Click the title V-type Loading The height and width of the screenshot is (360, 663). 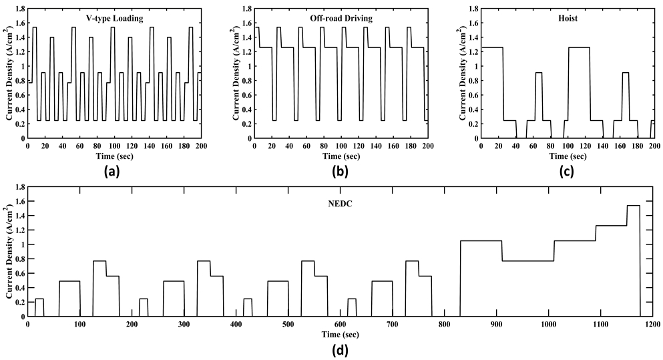point(118,18)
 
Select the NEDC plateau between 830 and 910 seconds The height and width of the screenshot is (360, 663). point(481,240)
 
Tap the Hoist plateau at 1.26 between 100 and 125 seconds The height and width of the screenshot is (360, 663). point(579,47)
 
